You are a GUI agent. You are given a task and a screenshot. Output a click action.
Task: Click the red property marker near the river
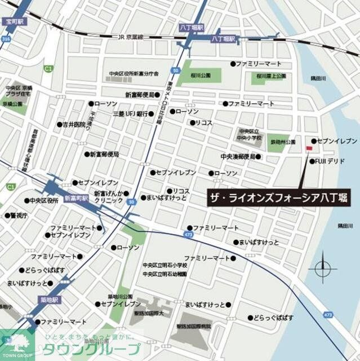308,148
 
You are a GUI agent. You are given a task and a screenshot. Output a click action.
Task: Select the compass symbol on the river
322,267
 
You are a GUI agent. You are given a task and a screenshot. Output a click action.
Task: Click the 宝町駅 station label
14,21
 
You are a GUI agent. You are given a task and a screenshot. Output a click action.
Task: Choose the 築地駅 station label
48,300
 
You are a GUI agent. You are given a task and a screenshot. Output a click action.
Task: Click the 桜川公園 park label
201,74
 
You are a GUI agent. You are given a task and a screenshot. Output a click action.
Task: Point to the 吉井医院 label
74,125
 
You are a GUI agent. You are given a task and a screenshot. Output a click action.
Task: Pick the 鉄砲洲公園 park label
283,142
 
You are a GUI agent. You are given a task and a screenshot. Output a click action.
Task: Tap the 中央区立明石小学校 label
165,265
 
